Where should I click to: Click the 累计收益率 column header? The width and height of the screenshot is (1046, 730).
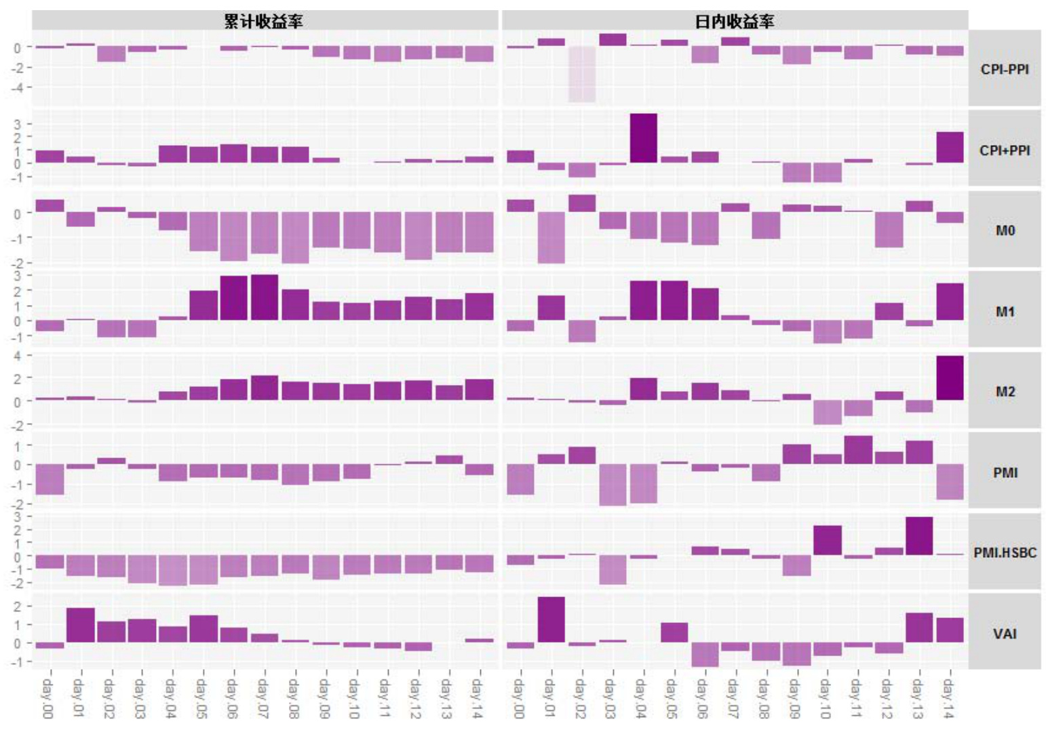(x=264, y=21)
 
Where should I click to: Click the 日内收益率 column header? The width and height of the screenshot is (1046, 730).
(x=734, y=21)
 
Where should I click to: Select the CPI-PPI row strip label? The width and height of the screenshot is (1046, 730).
(x=1004, y=68)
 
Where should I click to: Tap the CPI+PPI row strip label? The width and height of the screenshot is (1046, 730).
(x=1004, y=150)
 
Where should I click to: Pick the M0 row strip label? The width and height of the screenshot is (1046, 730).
(x=1004, y=230)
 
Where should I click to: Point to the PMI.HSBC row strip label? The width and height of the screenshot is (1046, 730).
(x=1004, y=552)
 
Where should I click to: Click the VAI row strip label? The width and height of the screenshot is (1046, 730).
(x=1004, y=633)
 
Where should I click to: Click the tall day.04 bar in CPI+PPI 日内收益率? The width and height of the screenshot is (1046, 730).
(x=643, y=138)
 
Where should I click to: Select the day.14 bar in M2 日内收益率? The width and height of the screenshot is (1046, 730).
(x=950, y=378)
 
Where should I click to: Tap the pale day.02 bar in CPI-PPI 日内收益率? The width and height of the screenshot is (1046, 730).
(x=582, y=75)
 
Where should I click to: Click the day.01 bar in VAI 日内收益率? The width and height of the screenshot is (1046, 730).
(x=551, y=620)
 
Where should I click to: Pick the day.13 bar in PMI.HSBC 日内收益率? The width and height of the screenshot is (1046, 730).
(x=918, y=536)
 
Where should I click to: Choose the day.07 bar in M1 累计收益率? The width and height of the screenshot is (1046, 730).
(x=264, y=298)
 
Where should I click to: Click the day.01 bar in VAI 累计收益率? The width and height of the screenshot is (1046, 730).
(x=80, y=625)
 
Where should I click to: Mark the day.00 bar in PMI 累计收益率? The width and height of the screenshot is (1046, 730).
(x=50, y=479)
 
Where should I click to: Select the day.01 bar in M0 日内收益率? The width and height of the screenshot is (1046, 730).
(x=551, y=237)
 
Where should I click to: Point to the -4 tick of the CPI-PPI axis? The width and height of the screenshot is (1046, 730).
(x=18, y=87)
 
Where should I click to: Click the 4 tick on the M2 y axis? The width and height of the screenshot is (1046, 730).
(x=18, y=356)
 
